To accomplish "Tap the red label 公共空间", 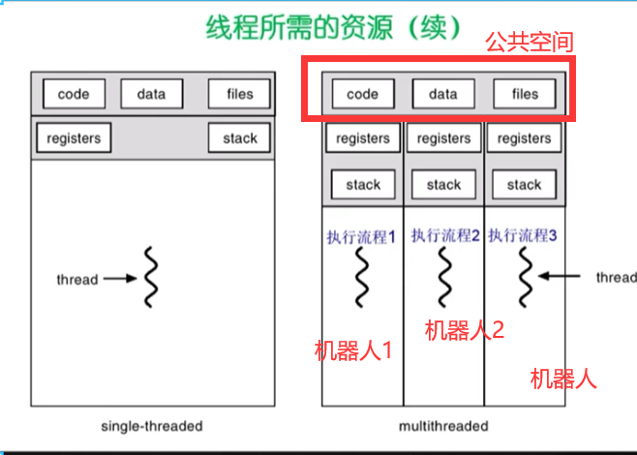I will point(530,43).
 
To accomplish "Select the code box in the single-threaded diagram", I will point(74,94).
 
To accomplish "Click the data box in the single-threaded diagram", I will point(151,94).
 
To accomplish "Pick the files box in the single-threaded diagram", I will point(239,94).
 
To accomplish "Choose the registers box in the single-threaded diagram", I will point(74,138).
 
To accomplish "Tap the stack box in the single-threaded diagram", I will point(239,138).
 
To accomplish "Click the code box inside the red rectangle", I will point(362,94).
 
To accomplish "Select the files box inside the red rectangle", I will point(524,94).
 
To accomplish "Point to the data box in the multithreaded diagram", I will point(442,94).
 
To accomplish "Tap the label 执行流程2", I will point(445,234).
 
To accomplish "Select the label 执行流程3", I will point(523,234).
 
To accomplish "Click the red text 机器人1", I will point(353,350).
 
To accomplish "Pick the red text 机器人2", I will point(465,330).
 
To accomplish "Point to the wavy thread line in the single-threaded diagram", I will point(151,278).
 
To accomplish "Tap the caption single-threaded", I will point(152,426).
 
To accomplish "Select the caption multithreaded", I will point(443,426).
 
